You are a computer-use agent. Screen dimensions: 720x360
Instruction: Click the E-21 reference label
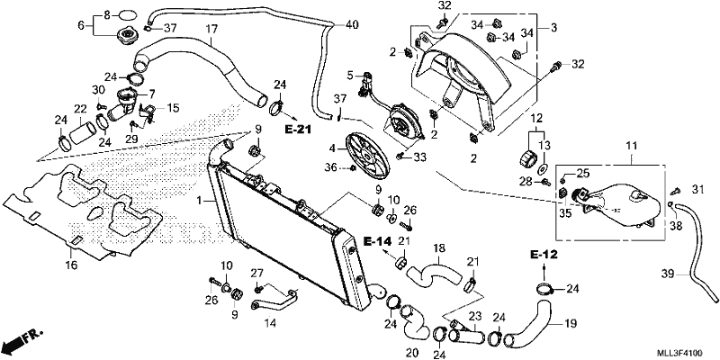click(298, 130)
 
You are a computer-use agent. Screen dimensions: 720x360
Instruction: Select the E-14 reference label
click(377, 240)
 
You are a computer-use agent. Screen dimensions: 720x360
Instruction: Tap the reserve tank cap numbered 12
click(526, 157)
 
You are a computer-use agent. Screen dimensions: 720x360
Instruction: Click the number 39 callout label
click(668, 275)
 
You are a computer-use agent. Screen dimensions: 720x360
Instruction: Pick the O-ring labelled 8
click(127, 14)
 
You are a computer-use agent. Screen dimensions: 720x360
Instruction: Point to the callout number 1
click(199, 201)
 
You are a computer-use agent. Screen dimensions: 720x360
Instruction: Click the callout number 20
click(412, 353)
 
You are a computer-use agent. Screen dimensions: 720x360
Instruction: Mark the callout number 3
click(553, 28)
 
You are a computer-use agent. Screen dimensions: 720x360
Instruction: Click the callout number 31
click(698, 188)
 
